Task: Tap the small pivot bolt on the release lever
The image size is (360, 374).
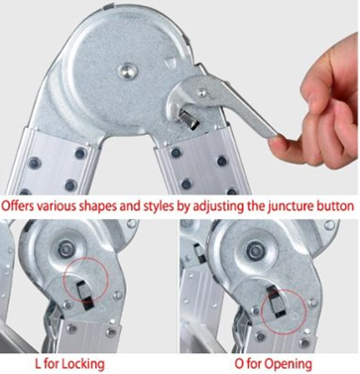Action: (201, 92)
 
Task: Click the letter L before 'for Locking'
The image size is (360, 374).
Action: (39, 364)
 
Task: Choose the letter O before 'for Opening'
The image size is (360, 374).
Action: (239, 364)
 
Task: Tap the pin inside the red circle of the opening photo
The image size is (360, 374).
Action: (277, 302)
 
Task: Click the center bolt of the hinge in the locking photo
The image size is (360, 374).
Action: (64, 249)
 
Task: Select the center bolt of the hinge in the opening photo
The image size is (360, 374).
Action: (255, 250)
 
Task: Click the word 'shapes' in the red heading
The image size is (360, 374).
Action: (93, 206)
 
